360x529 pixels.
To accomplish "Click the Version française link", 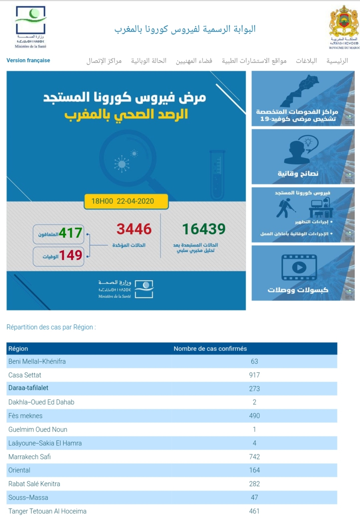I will tap(28, 60).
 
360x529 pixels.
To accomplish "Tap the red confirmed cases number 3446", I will tap(134, 229).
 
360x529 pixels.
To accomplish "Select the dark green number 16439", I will tap(204, 229).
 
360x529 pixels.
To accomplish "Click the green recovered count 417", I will tap(70, 233).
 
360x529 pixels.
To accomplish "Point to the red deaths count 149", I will tap(70, 255).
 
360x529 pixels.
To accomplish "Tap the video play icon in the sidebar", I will tap(299, 268).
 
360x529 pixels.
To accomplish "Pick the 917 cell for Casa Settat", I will tap(254, 375).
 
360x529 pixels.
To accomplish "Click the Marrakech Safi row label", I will tap(30, 457).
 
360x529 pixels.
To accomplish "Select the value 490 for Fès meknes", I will tap(254, 416).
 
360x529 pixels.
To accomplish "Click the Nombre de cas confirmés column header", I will tap(210, 349).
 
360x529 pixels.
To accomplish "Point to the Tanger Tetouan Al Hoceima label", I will tap(47, 511).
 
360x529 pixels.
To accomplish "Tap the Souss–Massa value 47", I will tap(254, 497).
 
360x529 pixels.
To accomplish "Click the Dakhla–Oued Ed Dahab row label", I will tap(41, 402).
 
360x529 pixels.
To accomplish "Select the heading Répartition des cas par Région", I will tap(51, 327).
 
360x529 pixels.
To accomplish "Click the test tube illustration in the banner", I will tap(217, 174).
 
